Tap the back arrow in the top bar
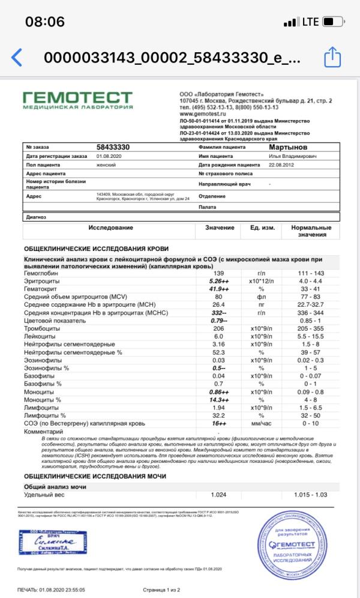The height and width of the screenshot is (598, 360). click(x=17, y=58)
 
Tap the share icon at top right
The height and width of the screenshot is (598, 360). click(x=332, y=58)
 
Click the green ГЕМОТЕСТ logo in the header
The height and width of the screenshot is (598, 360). click(x=77, y=100)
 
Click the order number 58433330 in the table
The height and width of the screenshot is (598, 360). click(x=113, y=146)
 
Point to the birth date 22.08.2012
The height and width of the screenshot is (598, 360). click(x=282, y=164)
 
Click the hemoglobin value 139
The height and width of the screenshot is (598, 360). click(x=219, y=273)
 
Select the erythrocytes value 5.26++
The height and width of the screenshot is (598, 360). click(x=219, y=281)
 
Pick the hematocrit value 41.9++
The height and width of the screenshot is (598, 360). click(x=219, y=289)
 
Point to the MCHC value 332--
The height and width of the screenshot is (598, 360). click(x=219, y=312)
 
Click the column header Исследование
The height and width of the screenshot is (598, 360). click(x=110, y=228)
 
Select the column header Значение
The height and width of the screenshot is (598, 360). click(x=219, y=228)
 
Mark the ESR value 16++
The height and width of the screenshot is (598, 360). click(x=219, y=422)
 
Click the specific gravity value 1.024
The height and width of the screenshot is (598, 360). click(x=219, y=495)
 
